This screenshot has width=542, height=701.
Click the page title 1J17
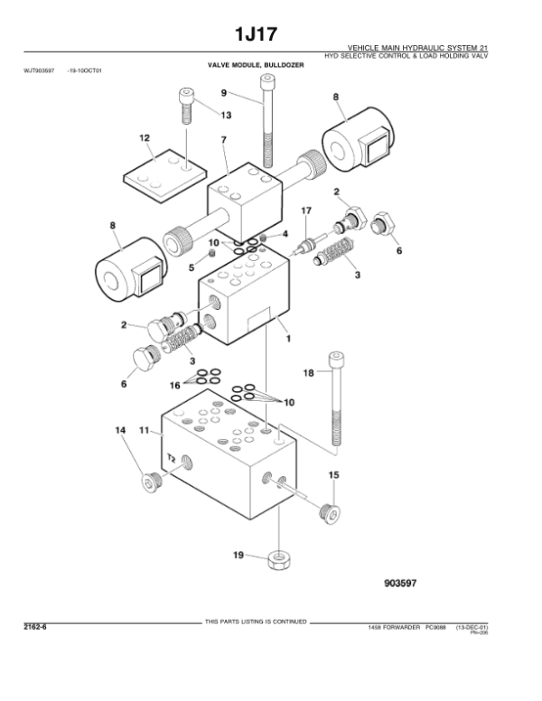point(270,33)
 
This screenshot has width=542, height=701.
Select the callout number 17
point(306,210)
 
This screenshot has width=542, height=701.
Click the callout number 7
point(222,139)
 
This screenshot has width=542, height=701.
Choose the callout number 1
point(288,340)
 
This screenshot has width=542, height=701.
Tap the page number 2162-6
point(38,625)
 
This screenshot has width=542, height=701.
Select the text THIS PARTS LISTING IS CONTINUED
point(257,622)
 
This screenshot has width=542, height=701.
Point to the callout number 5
point(192,266)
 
